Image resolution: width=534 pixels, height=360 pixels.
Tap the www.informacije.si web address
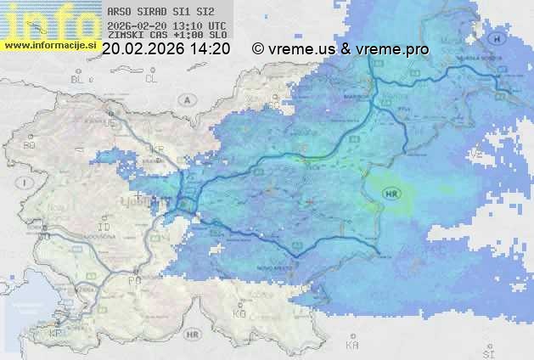click(x=49, y=44)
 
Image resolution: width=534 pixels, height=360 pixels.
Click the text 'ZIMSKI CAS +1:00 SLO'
click(x=166, y=36)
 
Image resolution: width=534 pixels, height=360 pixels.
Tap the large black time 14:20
click(x=210, y=49)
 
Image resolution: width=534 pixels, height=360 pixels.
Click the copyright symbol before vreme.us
click(x=258, y=49)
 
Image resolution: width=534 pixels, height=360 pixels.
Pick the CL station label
click(x=151, y=79)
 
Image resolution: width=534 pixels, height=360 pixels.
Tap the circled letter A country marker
click(x=186, y=100)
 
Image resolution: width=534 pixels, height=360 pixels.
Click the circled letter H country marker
click(x=500, y=39)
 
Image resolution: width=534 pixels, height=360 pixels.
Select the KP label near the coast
click(x=56, y=334)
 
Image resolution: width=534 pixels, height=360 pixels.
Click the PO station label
click(x=133, y=280)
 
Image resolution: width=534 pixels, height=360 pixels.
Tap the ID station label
click(x=104, y=228)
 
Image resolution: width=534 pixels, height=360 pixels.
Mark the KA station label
click(x=351, y=346)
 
